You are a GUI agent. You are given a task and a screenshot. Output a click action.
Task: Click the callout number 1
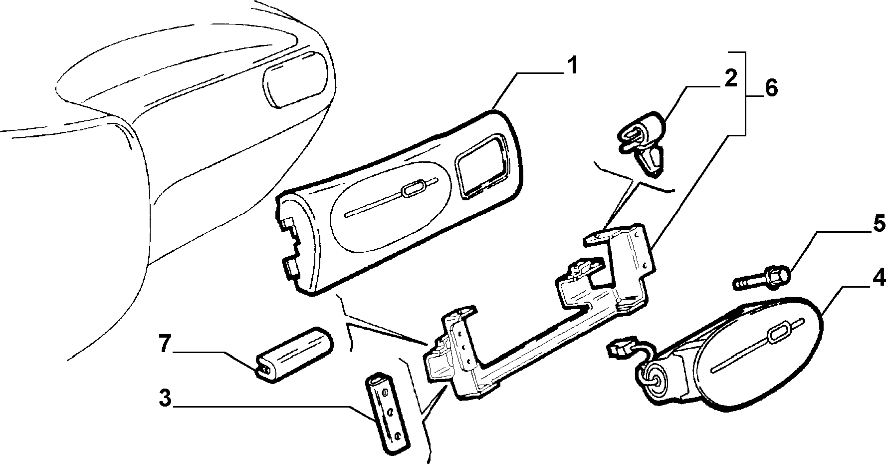[x=572, y=66]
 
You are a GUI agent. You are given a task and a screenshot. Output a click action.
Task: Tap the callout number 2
[x=730, y=79]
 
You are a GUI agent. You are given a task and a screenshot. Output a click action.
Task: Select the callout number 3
[x=165, y=399]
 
